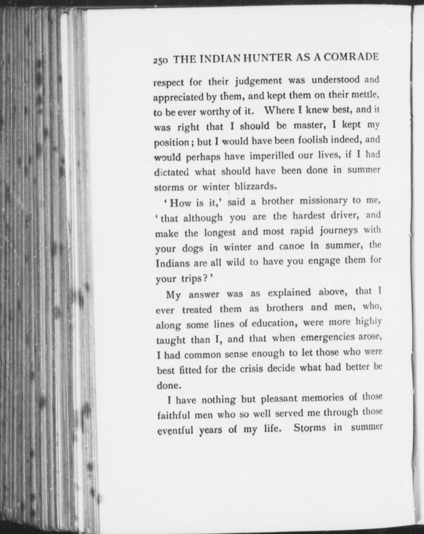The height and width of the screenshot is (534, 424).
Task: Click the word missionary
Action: [x=323, y=201]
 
